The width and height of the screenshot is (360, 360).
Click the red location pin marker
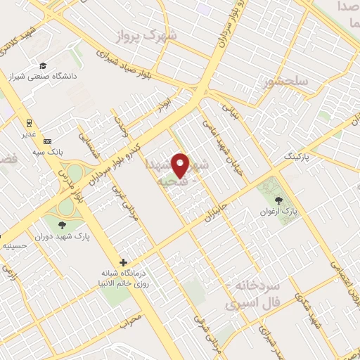181,165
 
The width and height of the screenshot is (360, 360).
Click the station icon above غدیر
30,119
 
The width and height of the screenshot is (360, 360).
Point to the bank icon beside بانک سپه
47,141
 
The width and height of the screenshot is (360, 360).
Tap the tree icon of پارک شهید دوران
63,225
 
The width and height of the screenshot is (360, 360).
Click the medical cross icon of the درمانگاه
123,262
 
